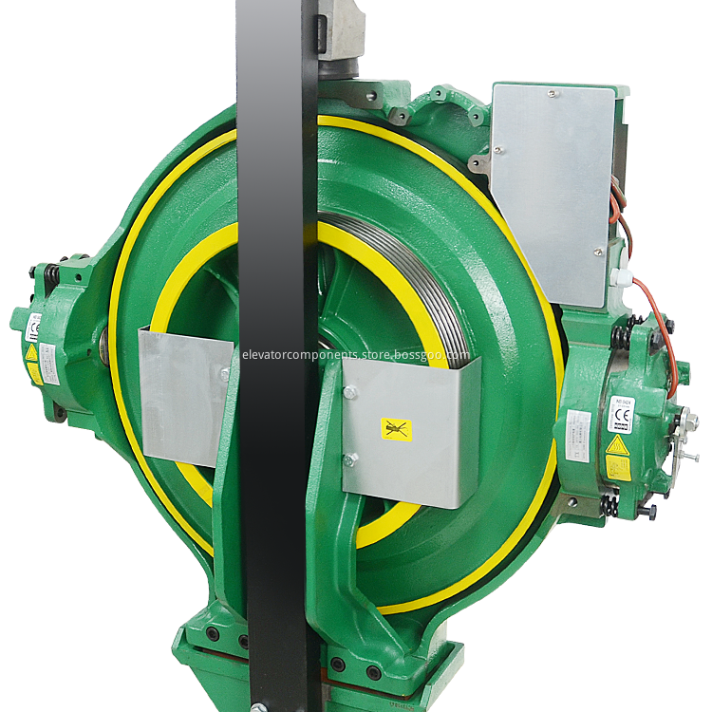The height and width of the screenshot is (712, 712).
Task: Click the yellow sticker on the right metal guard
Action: [396, 430]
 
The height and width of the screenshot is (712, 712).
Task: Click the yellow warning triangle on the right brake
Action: [617, 446]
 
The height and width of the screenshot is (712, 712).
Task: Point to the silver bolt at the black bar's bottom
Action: [256, 705]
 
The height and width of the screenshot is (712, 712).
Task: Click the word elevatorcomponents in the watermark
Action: [294, 355]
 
